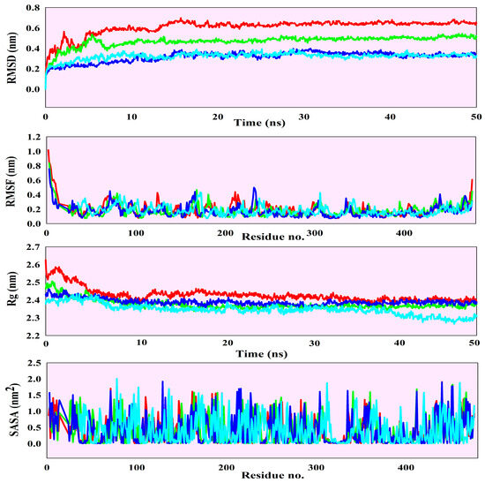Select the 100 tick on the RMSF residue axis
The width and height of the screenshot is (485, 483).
click(136, 232)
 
